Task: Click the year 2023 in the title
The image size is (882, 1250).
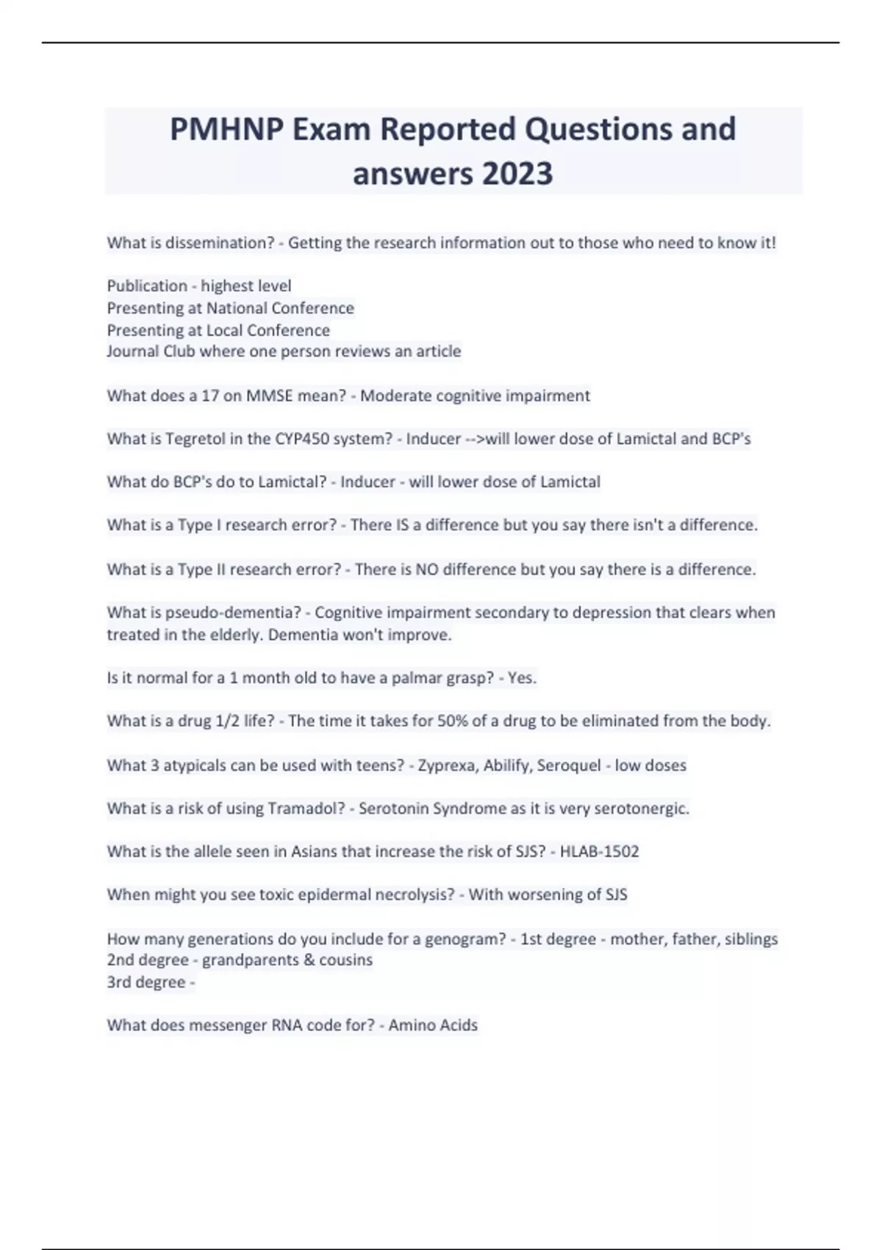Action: pyautogui.click(x=517, y=174)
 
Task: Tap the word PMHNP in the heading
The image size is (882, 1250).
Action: pyautogui.click(x=228, y=129)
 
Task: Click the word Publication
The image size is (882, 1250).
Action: pyautogui.click(x=147, y=285)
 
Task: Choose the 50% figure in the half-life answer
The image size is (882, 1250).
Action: pyautogui.click(x=452, y=721)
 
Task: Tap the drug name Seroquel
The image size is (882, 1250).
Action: pyautogui.click(x=569, y=765)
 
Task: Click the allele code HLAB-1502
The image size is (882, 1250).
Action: pyautogui.click(x=599, y=851)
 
